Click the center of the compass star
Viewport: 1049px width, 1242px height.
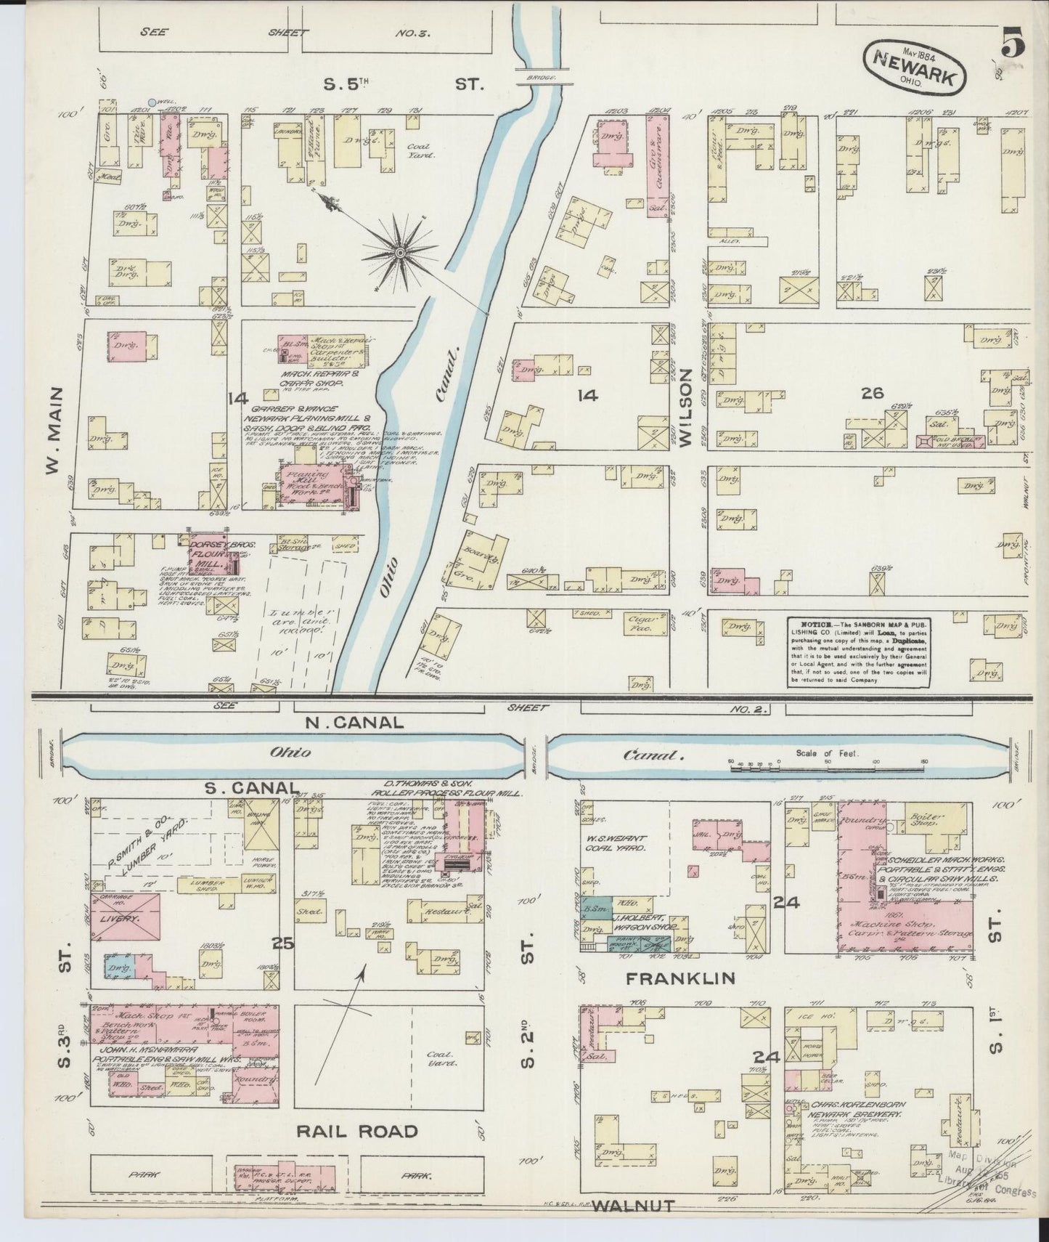[400, 252]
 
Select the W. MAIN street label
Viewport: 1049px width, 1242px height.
[53, 440]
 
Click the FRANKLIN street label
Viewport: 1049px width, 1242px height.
[681, 979]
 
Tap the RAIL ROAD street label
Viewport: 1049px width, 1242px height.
[356, 1131]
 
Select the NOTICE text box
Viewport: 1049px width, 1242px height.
[858, 651]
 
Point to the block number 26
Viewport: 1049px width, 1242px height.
[871, 394]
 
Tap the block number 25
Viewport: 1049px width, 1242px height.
[283, 943]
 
